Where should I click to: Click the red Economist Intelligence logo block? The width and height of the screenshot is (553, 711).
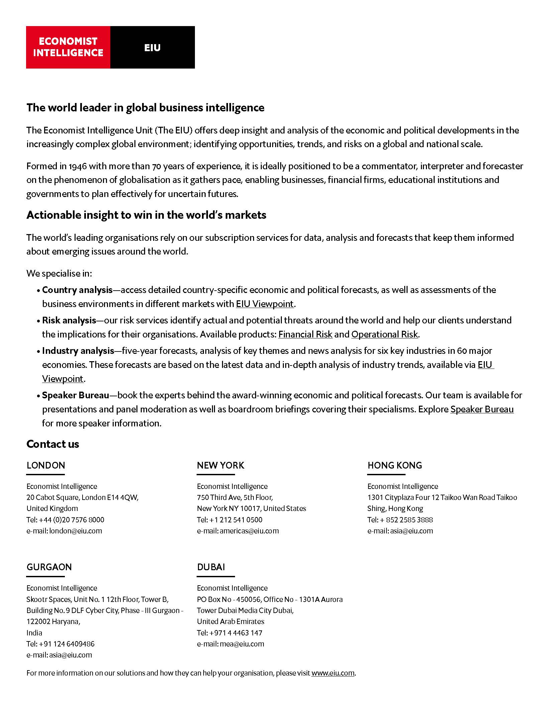point(68,47)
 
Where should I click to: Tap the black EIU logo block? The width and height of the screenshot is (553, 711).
point(152,47)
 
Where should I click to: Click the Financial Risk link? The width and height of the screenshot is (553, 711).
point(305,334)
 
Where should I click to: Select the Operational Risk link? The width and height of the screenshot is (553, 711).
point(384,334)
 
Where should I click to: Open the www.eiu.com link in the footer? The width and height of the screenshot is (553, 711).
point(333,673)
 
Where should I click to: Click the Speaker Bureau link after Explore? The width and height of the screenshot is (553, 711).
point(482,409)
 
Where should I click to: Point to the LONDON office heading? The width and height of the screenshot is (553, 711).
point(46,465)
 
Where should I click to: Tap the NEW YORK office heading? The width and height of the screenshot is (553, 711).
point(220,465)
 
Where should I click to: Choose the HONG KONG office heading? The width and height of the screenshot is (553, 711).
point(395,465)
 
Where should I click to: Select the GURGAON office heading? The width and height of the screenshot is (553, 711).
point(49,567)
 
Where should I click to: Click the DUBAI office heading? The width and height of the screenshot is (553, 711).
point(211,567)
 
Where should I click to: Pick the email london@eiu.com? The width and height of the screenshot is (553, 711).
point(76,531)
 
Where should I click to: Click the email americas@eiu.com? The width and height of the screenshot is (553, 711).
point(249,531)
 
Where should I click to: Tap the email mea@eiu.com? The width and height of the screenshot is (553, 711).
point(242,644)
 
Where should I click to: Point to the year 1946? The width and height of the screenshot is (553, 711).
point(78,166)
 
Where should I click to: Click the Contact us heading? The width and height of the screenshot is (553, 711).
point(53,444)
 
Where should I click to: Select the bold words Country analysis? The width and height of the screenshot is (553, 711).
point(77,290)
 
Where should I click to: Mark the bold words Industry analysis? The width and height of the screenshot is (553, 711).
point(78,350)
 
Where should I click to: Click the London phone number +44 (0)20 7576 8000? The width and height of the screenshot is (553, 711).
point(72,520)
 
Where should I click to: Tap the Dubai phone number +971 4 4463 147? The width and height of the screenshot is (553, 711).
point(236,633)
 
